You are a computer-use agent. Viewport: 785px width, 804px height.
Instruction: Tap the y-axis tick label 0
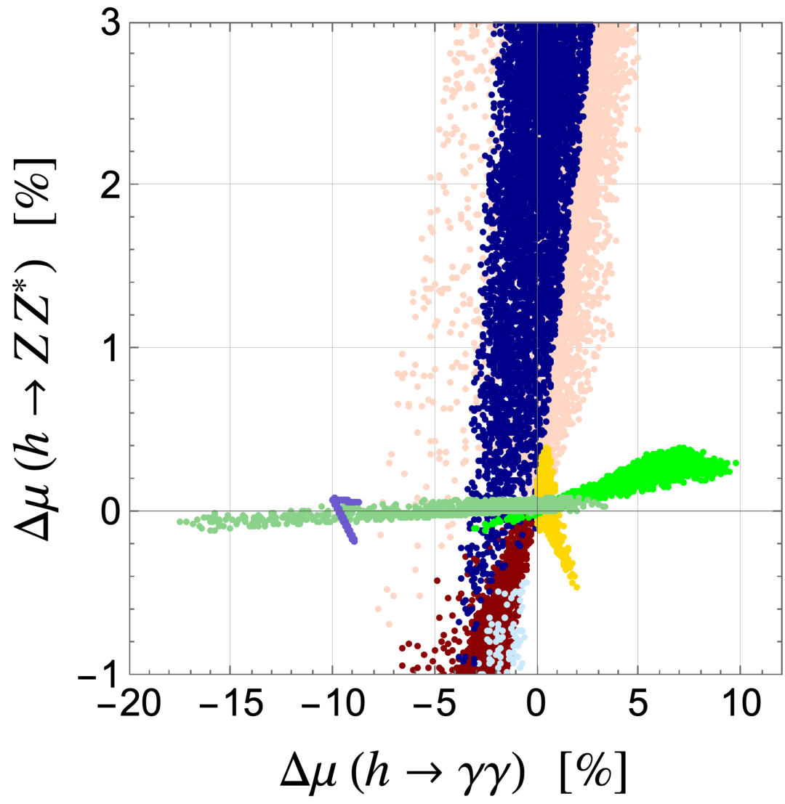110,512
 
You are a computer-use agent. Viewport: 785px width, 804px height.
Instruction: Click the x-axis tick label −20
129,704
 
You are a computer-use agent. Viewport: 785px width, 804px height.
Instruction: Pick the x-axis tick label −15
231,704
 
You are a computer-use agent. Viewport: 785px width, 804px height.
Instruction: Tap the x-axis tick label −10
332,704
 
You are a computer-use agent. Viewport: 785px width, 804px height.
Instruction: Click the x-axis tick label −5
435,704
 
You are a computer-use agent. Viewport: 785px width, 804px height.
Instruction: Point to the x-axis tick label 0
536,704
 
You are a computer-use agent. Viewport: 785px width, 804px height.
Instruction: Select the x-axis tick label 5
637,704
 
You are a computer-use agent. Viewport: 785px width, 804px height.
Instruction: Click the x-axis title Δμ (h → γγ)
402,772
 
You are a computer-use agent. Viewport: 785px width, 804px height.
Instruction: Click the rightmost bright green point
736,463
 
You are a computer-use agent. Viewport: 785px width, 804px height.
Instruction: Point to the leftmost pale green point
180,521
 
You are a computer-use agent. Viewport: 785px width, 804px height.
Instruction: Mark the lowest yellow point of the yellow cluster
576,587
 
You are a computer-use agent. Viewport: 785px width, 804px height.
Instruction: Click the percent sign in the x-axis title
594,772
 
